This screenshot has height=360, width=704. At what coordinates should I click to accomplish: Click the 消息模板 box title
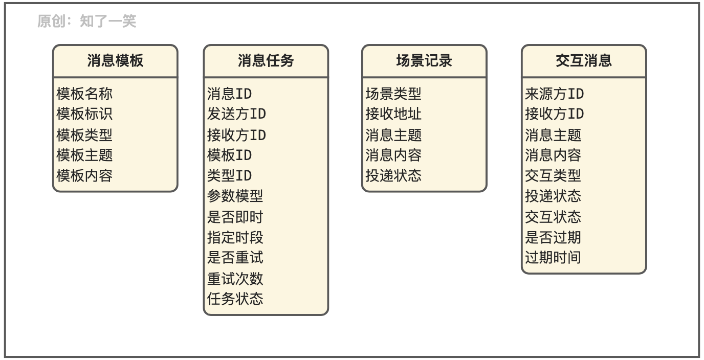coord(115,61)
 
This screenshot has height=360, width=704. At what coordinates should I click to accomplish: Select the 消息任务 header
coord(266,61)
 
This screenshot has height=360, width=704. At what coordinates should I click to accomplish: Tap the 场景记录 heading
coord(424,61)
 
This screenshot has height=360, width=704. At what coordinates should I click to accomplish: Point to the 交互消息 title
coord(584,61)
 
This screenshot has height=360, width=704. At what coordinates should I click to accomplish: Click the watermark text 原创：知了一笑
coord(86,21)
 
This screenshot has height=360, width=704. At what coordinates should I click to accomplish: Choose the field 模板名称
coord(84,94)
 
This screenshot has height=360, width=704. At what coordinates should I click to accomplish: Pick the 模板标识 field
coord(84,114)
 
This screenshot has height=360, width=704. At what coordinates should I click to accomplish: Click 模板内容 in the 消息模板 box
coord(84,176)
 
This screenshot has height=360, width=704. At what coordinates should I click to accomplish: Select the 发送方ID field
coord(236,114)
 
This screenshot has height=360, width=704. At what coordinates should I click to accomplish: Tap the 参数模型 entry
coord(235,196)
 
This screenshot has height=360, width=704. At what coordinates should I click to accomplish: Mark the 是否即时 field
coord(235,217)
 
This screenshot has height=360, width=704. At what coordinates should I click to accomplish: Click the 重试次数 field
coord(235,279)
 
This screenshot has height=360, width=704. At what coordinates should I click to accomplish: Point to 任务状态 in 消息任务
coord(235,299)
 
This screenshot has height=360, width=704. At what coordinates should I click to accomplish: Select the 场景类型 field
coord(393,94)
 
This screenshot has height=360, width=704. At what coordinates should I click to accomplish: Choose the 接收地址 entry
coord(393,114)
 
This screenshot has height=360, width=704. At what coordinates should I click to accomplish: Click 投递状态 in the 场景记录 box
coord(393,176)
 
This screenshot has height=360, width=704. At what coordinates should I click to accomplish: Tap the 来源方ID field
coord(554,94)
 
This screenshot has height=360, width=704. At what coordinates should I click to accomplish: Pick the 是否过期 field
coord(553,237)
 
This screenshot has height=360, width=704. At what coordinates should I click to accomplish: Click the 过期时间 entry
coord(553,257)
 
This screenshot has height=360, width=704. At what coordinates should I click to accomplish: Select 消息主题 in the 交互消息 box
coord(553,135)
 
